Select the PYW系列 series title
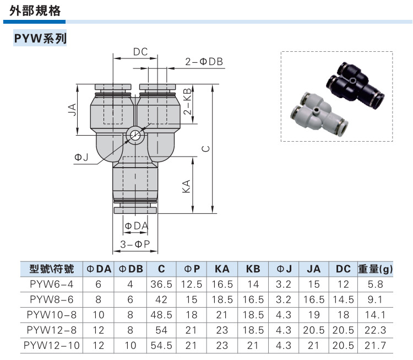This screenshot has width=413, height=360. pos(40,39)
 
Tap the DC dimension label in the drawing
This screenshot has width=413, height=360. pos(140,52)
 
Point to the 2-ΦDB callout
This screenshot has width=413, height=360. pos(204,62)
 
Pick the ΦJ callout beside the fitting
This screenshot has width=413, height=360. pos(81,158)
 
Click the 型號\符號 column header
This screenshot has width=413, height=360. pos(51,269)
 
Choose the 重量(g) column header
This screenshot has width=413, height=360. pos(376,269)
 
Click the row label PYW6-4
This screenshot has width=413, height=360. pos(51,284)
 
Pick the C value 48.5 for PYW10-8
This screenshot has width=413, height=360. pos(161,315)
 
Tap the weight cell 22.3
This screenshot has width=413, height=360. pos(376,330)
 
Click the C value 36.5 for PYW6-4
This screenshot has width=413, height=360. pos(161,284)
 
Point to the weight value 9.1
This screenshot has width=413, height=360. pos(376,299)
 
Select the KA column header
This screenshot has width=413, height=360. pos(222,269)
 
